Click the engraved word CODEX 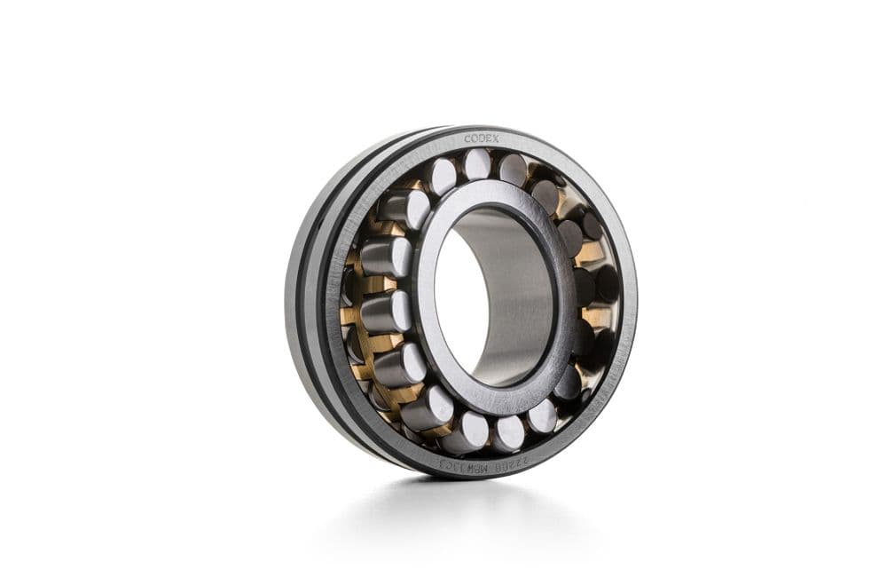[x=482, y=139]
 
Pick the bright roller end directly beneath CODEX [x=478, y=163]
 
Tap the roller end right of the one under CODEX [x=513, y=169]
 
